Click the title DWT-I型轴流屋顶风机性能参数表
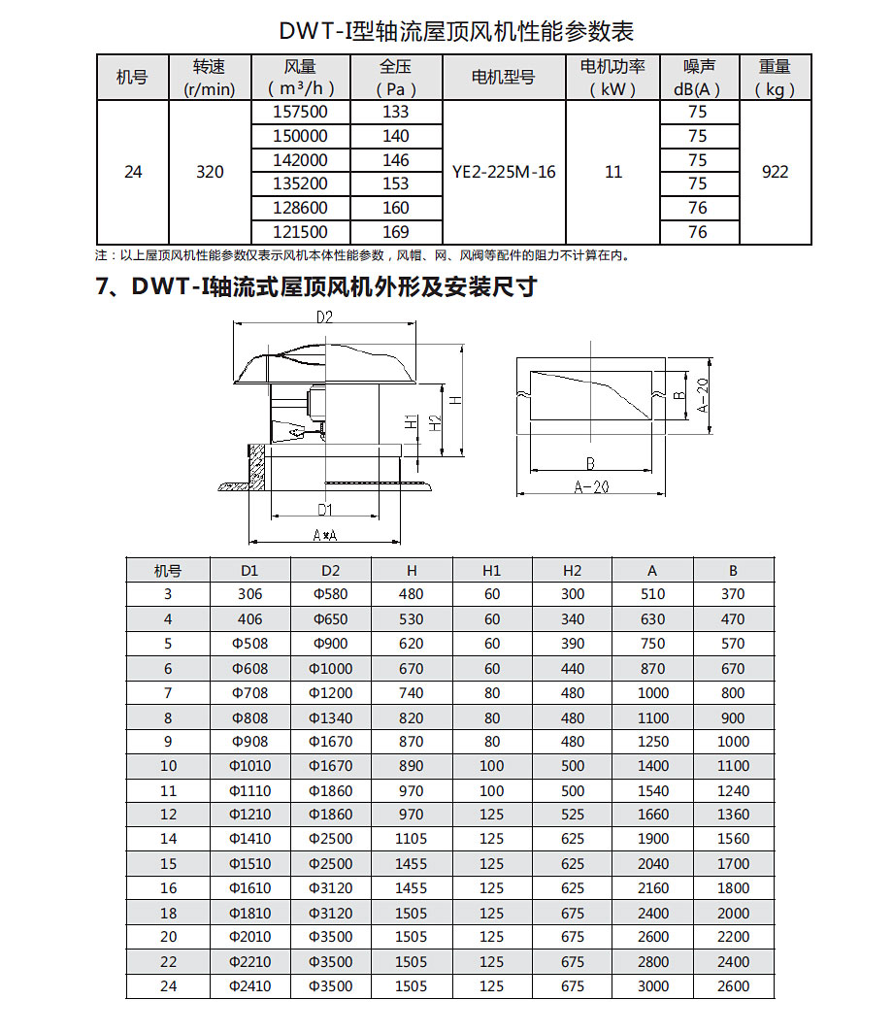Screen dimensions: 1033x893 click(x=456, y=31)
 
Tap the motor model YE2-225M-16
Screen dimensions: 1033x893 click(x=504, y=172)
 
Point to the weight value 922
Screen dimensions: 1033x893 click(x=775, y=172)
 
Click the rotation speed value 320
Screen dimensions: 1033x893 click(x=210, y=172)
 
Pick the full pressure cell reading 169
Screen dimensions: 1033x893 click(x=396, y=232)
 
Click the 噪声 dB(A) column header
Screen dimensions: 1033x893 click(x=697, y=78)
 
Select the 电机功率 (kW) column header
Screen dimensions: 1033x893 click(x=612, y=78)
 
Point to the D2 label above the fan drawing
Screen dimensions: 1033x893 click(x=324, y=317)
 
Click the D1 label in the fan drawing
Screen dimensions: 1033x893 click(x=325, y=509)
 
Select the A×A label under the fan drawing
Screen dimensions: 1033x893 click(x=324, y=536)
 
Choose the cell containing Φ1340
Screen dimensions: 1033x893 click(x=331, y=718)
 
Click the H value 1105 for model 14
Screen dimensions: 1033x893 click(x=412, y=839)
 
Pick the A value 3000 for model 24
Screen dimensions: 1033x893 click(x=653, y=986)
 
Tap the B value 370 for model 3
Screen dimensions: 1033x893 click(x=733, y=594)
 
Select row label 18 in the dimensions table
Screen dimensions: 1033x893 click(x=169, y=913)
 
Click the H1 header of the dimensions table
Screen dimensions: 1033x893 click(x=492, y=570)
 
